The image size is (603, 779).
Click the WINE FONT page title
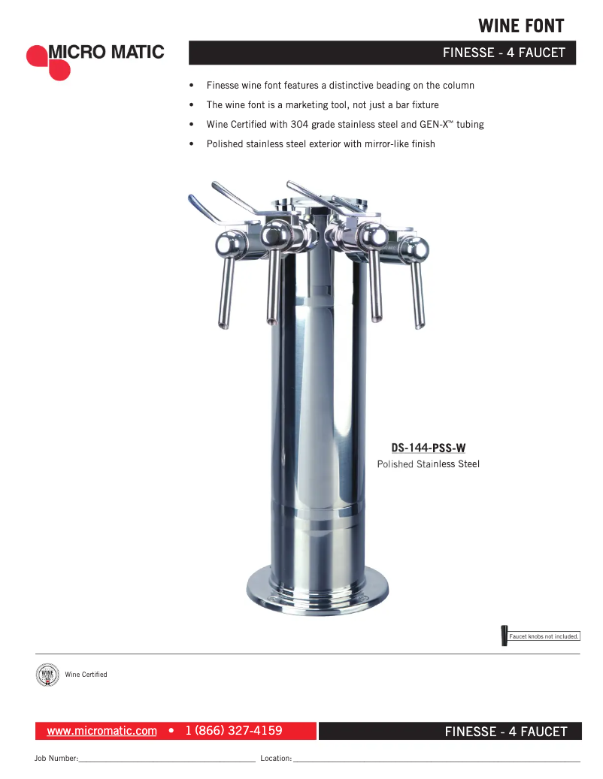pos(520,26)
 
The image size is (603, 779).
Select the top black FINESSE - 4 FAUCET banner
pos(382,53)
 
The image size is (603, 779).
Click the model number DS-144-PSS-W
pos(428,448)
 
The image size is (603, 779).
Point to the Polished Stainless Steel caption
pos(428,464)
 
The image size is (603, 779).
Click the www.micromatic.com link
pos(102,731)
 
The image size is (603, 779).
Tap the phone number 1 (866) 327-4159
pos(233,731)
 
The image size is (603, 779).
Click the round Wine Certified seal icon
pos(47,675)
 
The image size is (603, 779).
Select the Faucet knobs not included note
pos(544,636)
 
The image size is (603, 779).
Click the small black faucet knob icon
pos(504,636)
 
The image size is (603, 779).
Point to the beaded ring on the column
pos(318,515)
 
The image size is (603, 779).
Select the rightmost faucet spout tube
pos(417,293)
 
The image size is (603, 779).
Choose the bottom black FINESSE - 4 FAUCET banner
pos(450,731)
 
